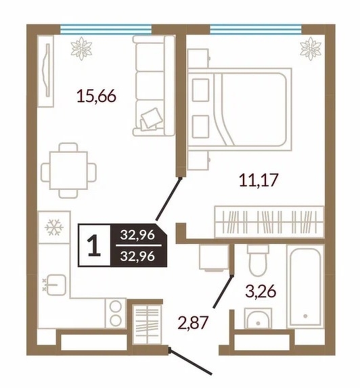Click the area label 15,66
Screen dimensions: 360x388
[x=96, y=96]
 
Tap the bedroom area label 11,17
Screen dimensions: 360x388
[x=258, y=180]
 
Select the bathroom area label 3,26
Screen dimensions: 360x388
[x=261, y=291]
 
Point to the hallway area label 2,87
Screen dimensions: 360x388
[x=192, y=322]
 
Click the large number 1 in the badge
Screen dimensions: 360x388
[x=94, y=245]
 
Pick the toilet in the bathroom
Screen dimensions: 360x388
[x=258, y=260]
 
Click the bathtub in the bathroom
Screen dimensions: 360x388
[x=305, y=285]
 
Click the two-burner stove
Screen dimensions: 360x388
[x=116, y=313]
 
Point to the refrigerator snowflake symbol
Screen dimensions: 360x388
[x=54, y=227]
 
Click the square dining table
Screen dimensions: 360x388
[x=68, y=170]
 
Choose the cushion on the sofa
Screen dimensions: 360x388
[x=150, y=118]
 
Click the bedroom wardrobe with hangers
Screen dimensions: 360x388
[x=269, y=222]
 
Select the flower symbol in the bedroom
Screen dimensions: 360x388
[x=311, y=49]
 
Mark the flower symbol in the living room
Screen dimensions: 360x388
[x=81, y=49]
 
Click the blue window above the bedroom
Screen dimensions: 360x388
[x=256, y=29]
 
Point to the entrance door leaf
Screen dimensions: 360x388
[x=190, y=361]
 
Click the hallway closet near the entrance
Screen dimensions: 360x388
[x=147, y=324]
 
